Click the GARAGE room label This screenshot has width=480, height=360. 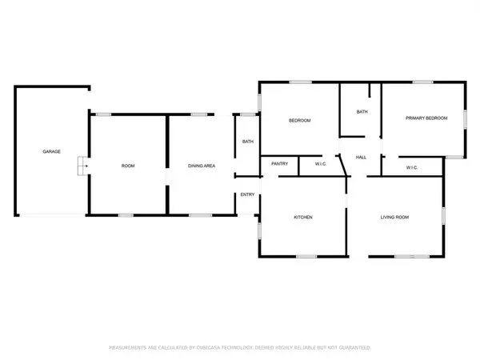(x=52, y=151)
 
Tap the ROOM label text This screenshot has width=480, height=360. (x=127, y=166)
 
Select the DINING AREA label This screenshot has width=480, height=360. (x=201, y=166)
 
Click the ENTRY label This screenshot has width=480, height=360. (x=247, y=194)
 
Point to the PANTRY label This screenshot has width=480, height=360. (x=279, y=164)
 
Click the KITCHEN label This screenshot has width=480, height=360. (x=302, y=218)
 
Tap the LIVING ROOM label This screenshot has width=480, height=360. (x=394, y=218)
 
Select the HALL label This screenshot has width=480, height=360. (x=361, y=158)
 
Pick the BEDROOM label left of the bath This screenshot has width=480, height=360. (x=299, y=120)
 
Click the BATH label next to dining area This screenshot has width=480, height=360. (x=247, y=142)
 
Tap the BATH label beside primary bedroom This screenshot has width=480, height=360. (x=362, y=112)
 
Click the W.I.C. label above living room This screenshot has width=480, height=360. (x=412, y=167)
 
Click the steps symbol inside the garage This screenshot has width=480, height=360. (x=81, y=166)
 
